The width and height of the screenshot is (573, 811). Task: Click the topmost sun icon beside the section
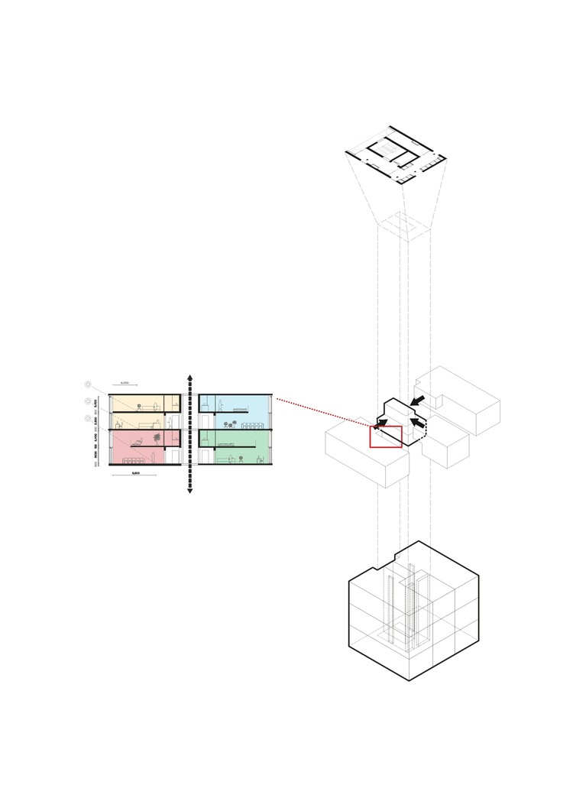point(89,384)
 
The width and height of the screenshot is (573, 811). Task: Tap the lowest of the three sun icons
point(89,418)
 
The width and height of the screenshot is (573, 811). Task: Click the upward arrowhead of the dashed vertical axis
point(189,378)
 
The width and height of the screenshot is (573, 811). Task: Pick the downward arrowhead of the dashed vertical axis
point(189,491)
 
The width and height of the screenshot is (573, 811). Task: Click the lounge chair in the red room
point(138,440)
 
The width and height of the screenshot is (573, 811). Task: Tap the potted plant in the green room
point(240,459)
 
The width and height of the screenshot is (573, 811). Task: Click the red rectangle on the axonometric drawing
point(386,436)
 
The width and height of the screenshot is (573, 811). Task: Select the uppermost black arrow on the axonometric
point(417,400)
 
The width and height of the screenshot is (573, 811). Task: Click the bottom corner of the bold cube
point(410,680)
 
